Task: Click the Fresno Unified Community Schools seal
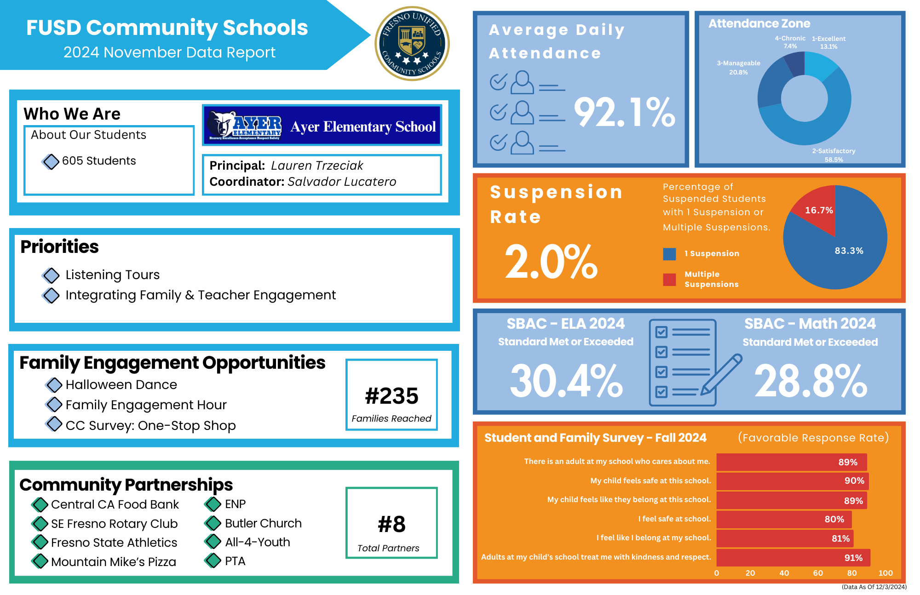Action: [412, 44]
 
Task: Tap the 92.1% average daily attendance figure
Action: [624, 113]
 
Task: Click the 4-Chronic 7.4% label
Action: [790, 42]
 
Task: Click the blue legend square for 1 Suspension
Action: [669, 254]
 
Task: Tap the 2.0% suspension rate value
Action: [551, 262]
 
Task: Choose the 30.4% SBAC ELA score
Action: [566, 381]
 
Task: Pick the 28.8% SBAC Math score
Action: [811, 381]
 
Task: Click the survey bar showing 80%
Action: [784, 519]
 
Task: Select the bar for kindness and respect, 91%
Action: [793, 558]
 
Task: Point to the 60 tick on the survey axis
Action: [818, 573]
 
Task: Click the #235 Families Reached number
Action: [391, 396]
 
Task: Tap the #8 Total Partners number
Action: [391, 524]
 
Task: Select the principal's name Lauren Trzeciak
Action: [317, 166]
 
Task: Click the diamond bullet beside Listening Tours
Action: [51, 275]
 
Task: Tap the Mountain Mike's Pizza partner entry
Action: [114, 562]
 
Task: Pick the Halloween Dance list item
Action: [121, 385]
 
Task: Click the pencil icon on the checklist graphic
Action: [721, 374]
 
